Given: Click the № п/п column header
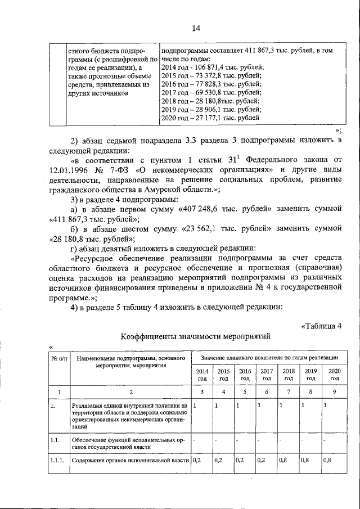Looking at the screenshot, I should click(59, 358).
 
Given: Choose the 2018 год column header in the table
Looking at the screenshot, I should click(289, 375).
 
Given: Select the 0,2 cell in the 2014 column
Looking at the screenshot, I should click(197, 461).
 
